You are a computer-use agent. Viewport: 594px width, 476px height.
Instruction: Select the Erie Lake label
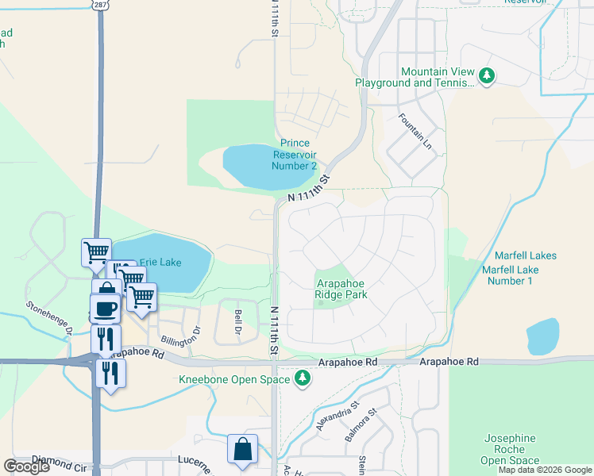click(160, 262)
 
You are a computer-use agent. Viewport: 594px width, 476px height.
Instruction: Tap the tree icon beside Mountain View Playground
click(487, 77)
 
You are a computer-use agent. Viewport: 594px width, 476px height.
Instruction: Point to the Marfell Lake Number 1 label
click(510, 275)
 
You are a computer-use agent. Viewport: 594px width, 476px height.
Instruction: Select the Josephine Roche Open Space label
click(509, 449)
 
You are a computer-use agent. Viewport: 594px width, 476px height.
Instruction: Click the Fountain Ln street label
click(417, 128)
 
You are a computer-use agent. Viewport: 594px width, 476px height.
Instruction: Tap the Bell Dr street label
click(237, 322)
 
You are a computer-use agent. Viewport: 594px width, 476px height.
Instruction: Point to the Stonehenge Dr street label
click(48, 317)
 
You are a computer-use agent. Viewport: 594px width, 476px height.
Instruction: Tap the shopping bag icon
click(242, 449)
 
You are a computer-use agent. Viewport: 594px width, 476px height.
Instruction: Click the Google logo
click(26, 466)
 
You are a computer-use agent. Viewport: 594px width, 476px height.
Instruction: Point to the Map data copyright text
click(544, 470)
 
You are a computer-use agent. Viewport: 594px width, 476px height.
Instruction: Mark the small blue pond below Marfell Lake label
click(542, 336)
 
